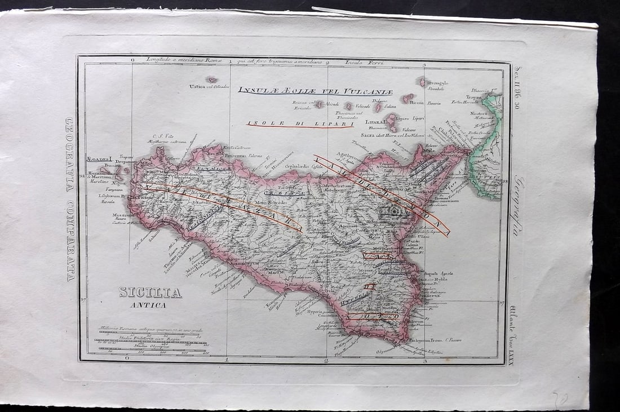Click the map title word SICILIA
click(x=150, y=293)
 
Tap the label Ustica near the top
click(x=198, y=86)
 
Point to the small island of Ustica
click(x=211, y=79)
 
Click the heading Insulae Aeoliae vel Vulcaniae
click(x=315, y=91)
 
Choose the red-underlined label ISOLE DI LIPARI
click(x=299, y=123)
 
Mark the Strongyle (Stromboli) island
click(x=422, y=82)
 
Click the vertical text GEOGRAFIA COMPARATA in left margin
click(x=70, y=199)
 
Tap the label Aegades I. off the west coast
click(x=100, y=159)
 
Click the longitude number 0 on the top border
click(x=132, y=59)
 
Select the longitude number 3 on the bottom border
click(x=424, y=360)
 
